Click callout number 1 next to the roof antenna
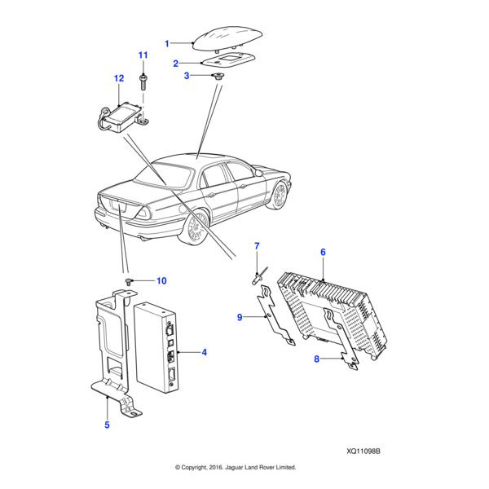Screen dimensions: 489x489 (x=167, y=43)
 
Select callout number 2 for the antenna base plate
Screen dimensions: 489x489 (x=175, y=63)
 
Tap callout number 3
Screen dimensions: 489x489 (x=187, y=76)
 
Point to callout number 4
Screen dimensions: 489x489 (x=204, y=353)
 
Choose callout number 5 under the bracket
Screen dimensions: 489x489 (x=107, y=425)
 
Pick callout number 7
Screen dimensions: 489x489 (x=256, y=245)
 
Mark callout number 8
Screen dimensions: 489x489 (x=317, y=358)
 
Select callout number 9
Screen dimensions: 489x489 (x=240, y=318)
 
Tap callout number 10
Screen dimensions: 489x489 (x=161, y=281)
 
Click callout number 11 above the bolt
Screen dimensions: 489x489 (x=143, y=55)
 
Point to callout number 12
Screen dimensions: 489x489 (x=118, y=78)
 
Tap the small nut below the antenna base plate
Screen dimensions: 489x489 (x=218, y=76)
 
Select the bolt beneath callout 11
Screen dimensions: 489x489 (x=143, y=80)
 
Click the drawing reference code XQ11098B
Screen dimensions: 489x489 (x=364, y=451)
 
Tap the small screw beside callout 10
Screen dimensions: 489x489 (x=129, y=281)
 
